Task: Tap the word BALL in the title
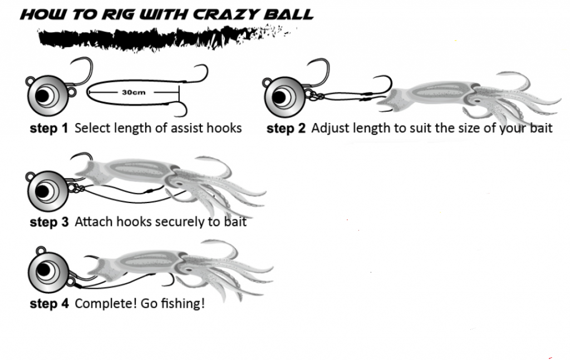tap(289, 13)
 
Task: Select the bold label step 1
tap(49, 129)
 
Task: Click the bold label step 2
tap(286, 129)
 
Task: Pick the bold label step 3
tap(49, 222)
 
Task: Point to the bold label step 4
tap(49, 304)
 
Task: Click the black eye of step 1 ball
tap(42, 96)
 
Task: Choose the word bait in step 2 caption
tap(539, 129)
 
